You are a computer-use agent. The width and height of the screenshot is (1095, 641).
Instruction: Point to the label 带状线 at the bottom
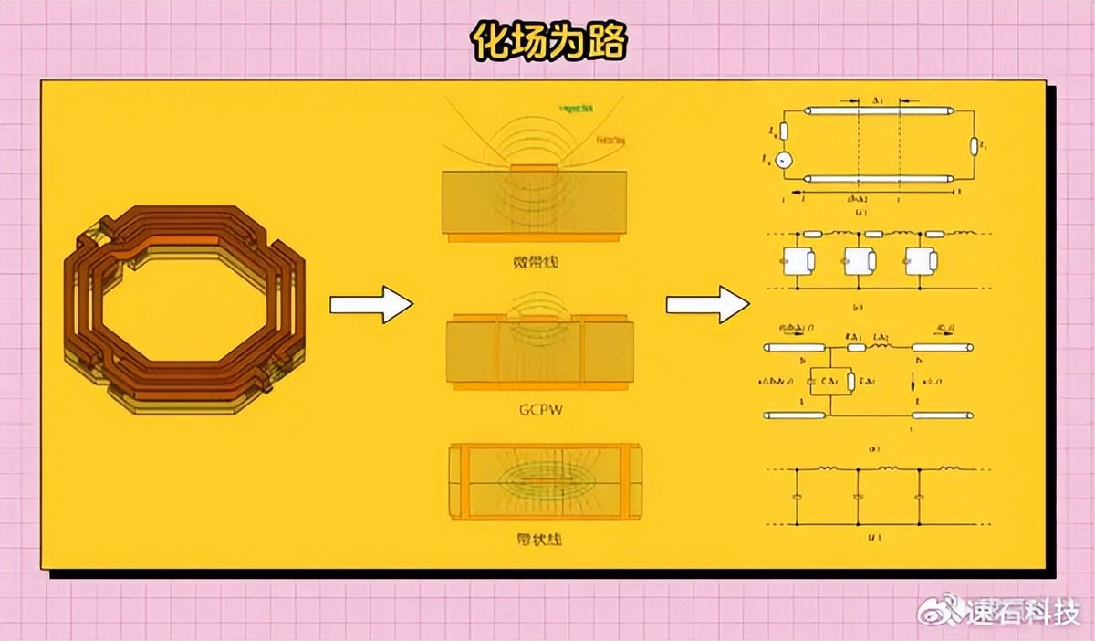click(537, 539)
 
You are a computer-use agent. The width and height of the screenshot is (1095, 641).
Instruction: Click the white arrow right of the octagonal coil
click(370, 304)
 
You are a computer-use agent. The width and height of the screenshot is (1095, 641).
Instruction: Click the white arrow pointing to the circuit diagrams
click(707, 304)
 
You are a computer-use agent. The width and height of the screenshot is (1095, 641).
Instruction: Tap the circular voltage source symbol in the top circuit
click(783, 161)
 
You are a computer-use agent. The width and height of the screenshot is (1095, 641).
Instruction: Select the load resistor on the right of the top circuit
click(975, 145)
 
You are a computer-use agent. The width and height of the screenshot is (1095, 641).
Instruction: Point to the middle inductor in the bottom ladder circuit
click(888, 469)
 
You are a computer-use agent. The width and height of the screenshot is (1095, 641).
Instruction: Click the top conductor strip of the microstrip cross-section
click(537, 167)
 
